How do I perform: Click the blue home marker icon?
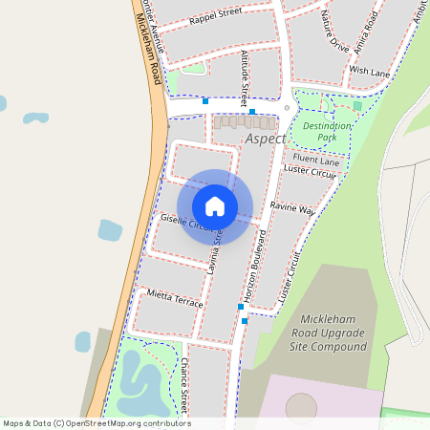click(215, 206)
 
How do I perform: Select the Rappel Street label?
click(215, 17)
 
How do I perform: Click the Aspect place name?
click(265, 139)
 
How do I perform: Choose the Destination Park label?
click(327, 132)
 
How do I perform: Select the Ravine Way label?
click(291, 207)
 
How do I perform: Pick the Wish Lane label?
click(370, 72)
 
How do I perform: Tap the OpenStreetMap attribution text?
click(97, 423)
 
